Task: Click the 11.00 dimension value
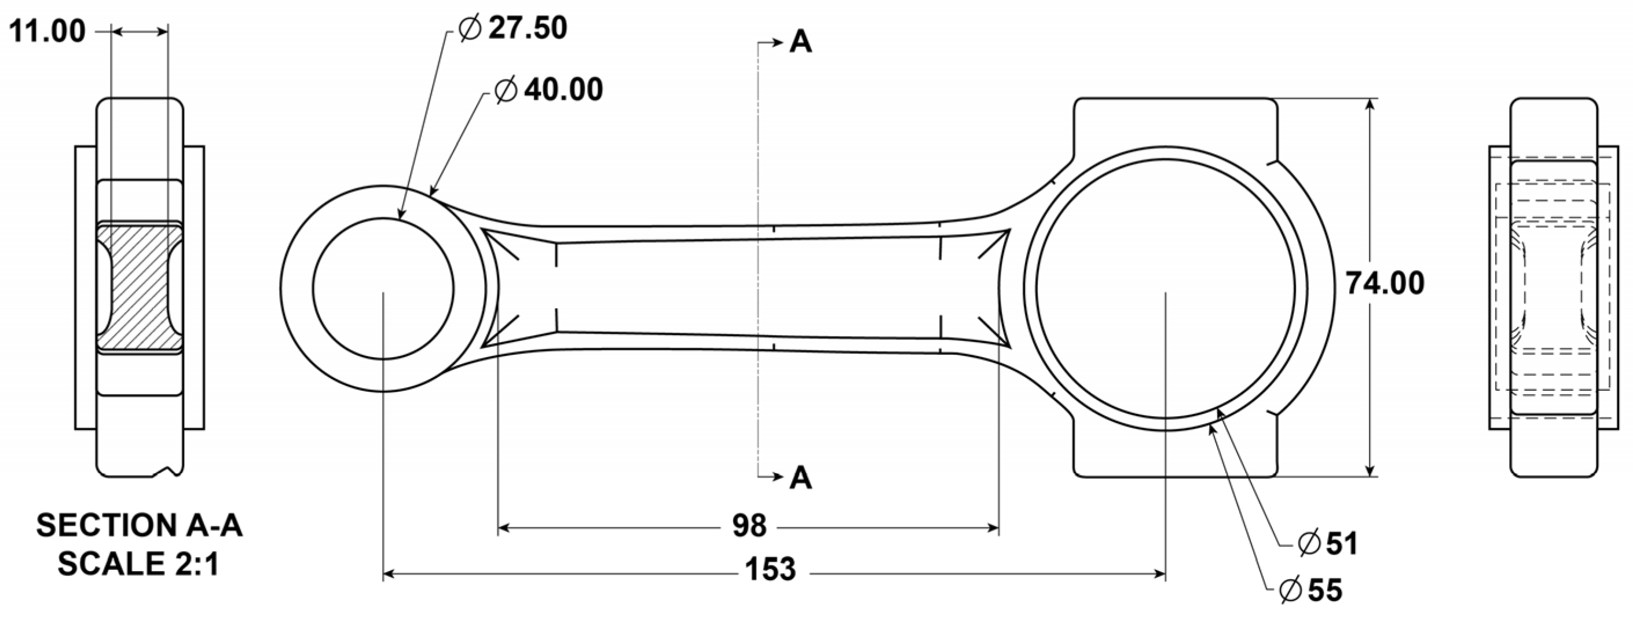[x=47, y=32]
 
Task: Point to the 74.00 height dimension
[x=1385, y=283]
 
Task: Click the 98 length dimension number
[x=749, y=526]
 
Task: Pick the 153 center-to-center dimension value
[x=770, y=570]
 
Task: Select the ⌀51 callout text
[x=1327, y=544]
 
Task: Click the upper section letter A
[x=800, y=43]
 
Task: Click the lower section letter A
[x=800, y=478]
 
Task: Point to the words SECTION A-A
[x=140, y=526]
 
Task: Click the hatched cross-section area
[x=140, y=286]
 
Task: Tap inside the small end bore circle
[x=383, y=289]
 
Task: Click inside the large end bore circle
[x=1165, y=289]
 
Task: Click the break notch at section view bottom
[x=168, y=471]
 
